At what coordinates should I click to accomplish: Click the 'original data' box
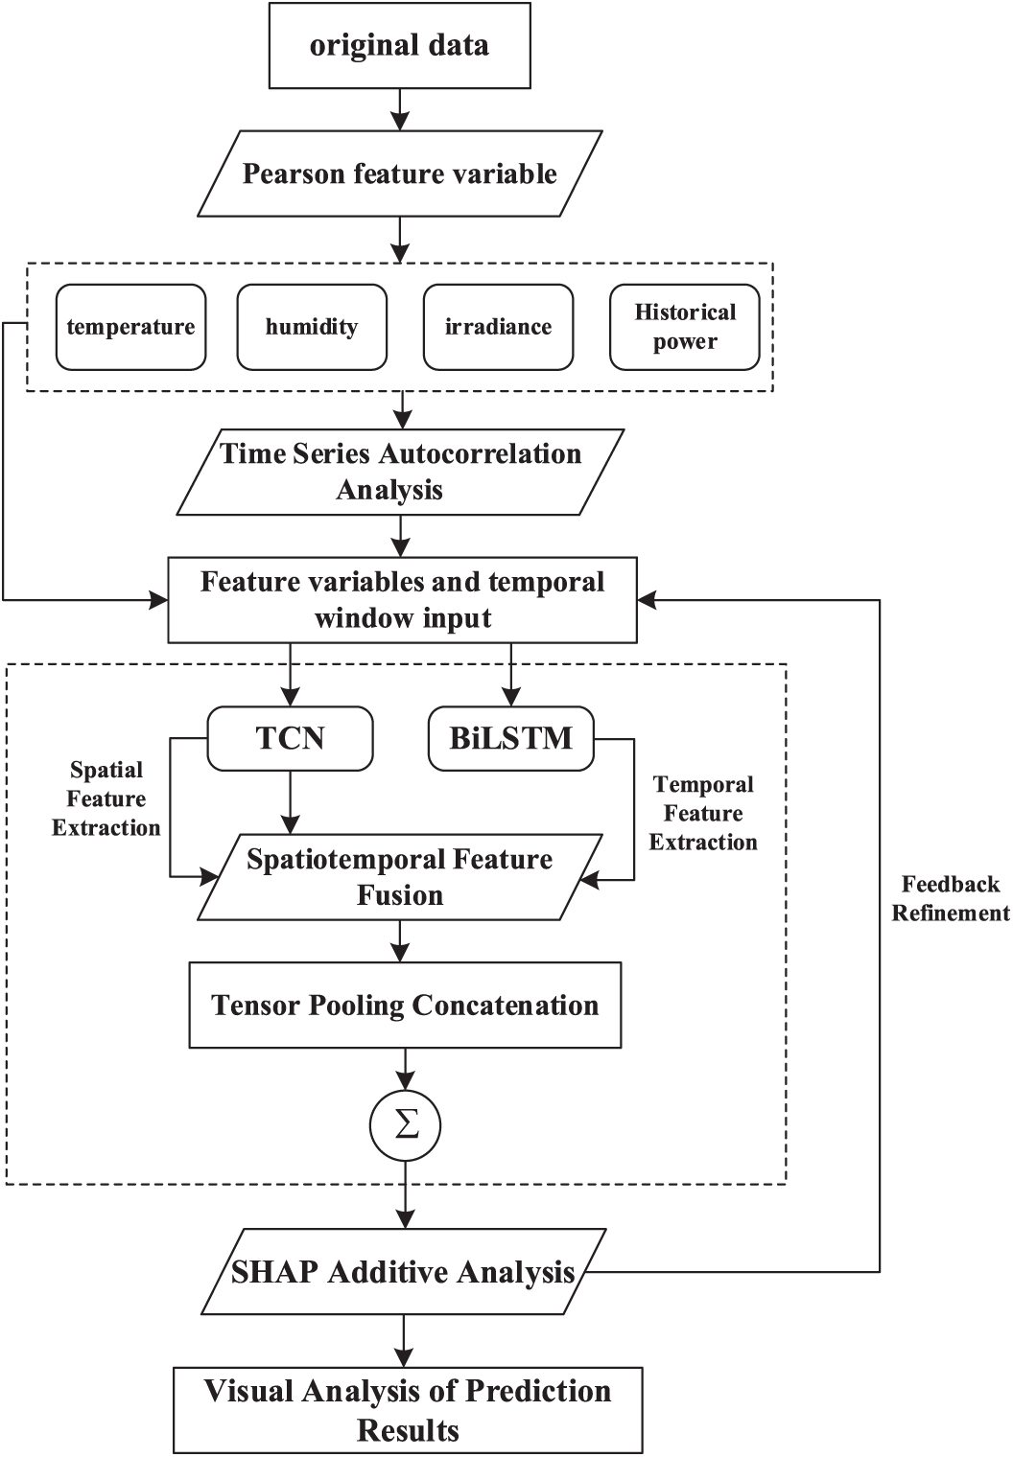[x=400, y=46]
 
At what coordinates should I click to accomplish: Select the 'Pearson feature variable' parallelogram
[x=400, y=173]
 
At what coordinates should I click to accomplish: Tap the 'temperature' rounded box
[x=130, y=327]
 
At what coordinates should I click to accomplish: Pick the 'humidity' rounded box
[x=312, y=327]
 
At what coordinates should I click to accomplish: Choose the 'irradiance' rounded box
[x=499, y=327]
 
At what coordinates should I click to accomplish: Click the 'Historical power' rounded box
[x=685, y=327]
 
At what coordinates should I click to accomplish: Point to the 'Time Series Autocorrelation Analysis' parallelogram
[x=400, y=473]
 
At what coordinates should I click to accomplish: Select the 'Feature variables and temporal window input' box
[x=402, y=600]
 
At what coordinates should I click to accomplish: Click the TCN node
[x=291, y=739]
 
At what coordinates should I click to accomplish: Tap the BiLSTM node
[x=511, y=739]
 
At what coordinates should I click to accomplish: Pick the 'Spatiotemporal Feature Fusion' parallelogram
[x=400, y=877]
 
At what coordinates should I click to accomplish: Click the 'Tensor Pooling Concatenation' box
[x=405, y=1005]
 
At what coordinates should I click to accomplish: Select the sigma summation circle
[x=406, y=1126]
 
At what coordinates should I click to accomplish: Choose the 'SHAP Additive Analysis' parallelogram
[x=404, y=1272]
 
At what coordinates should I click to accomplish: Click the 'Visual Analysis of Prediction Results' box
[x=409, y=1410]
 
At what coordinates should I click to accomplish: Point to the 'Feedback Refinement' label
[x=951, y=898]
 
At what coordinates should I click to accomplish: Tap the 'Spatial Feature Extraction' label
[x=106, y=798]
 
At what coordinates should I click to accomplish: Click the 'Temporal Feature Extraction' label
[x=703, y=813]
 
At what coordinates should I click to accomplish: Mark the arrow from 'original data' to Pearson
[x=400, y=110]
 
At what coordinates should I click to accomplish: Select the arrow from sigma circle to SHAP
[x=406, y=1195]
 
